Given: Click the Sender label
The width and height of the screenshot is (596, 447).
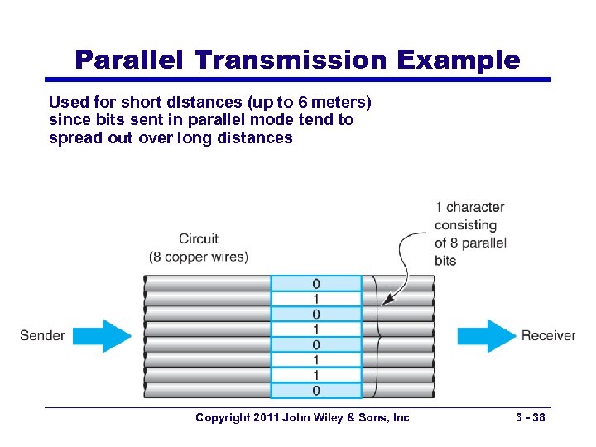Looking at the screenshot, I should click(x=42, y=335).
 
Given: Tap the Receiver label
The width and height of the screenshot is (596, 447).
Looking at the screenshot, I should click(x=547, y=335).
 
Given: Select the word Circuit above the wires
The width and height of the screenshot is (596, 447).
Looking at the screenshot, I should click(x=199, y=239).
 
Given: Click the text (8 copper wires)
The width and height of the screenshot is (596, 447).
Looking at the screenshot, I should click(x=199, y=257).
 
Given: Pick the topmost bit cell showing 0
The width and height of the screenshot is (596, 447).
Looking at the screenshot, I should click(x=316, y=284).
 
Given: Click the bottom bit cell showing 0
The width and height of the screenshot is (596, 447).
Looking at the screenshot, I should click(x=316, y=390).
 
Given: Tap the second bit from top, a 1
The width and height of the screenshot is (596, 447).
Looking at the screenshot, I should click(x=316, y=299).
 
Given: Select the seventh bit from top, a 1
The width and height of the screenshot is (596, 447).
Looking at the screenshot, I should click(x=316, y=375).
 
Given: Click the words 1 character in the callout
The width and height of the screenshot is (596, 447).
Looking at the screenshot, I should click(x=469, y=207).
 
